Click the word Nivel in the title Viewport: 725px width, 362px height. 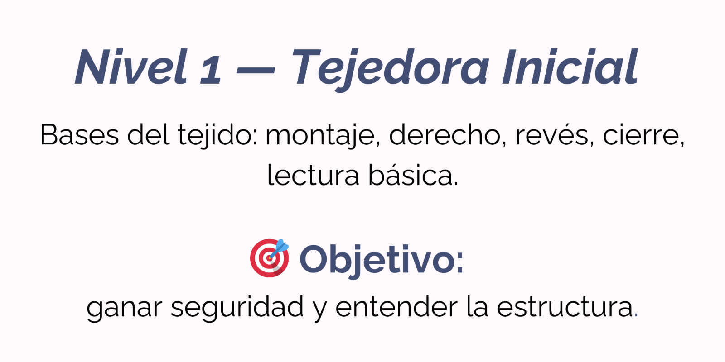point(131,67)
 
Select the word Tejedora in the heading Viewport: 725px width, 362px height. point(390,70)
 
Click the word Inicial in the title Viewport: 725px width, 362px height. point(570,67)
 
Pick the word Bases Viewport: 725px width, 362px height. point(80,135)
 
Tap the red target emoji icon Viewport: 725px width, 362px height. point(269,258)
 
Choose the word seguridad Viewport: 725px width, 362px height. point(237,307)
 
